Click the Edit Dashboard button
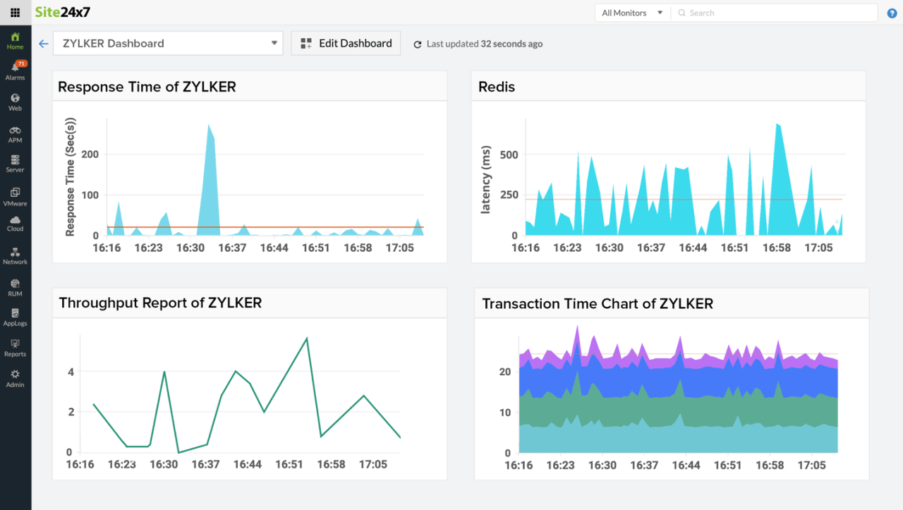tap(346, 43)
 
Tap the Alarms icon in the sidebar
tap(16, 68)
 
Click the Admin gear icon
tap(16, 375)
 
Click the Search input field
tap(776, 13)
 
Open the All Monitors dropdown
tap(632, 13)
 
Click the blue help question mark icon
tap(892, 13)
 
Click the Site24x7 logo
tap(63, 12)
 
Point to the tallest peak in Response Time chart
tap(209, 126)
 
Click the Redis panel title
tap(497, 87)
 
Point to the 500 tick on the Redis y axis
tap(509, 154)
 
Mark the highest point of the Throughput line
tap(307, 339)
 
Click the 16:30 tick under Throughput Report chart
tap(164, 464)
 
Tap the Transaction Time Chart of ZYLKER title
tap(598, 304)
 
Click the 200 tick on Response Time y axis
tap(90, 154)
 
